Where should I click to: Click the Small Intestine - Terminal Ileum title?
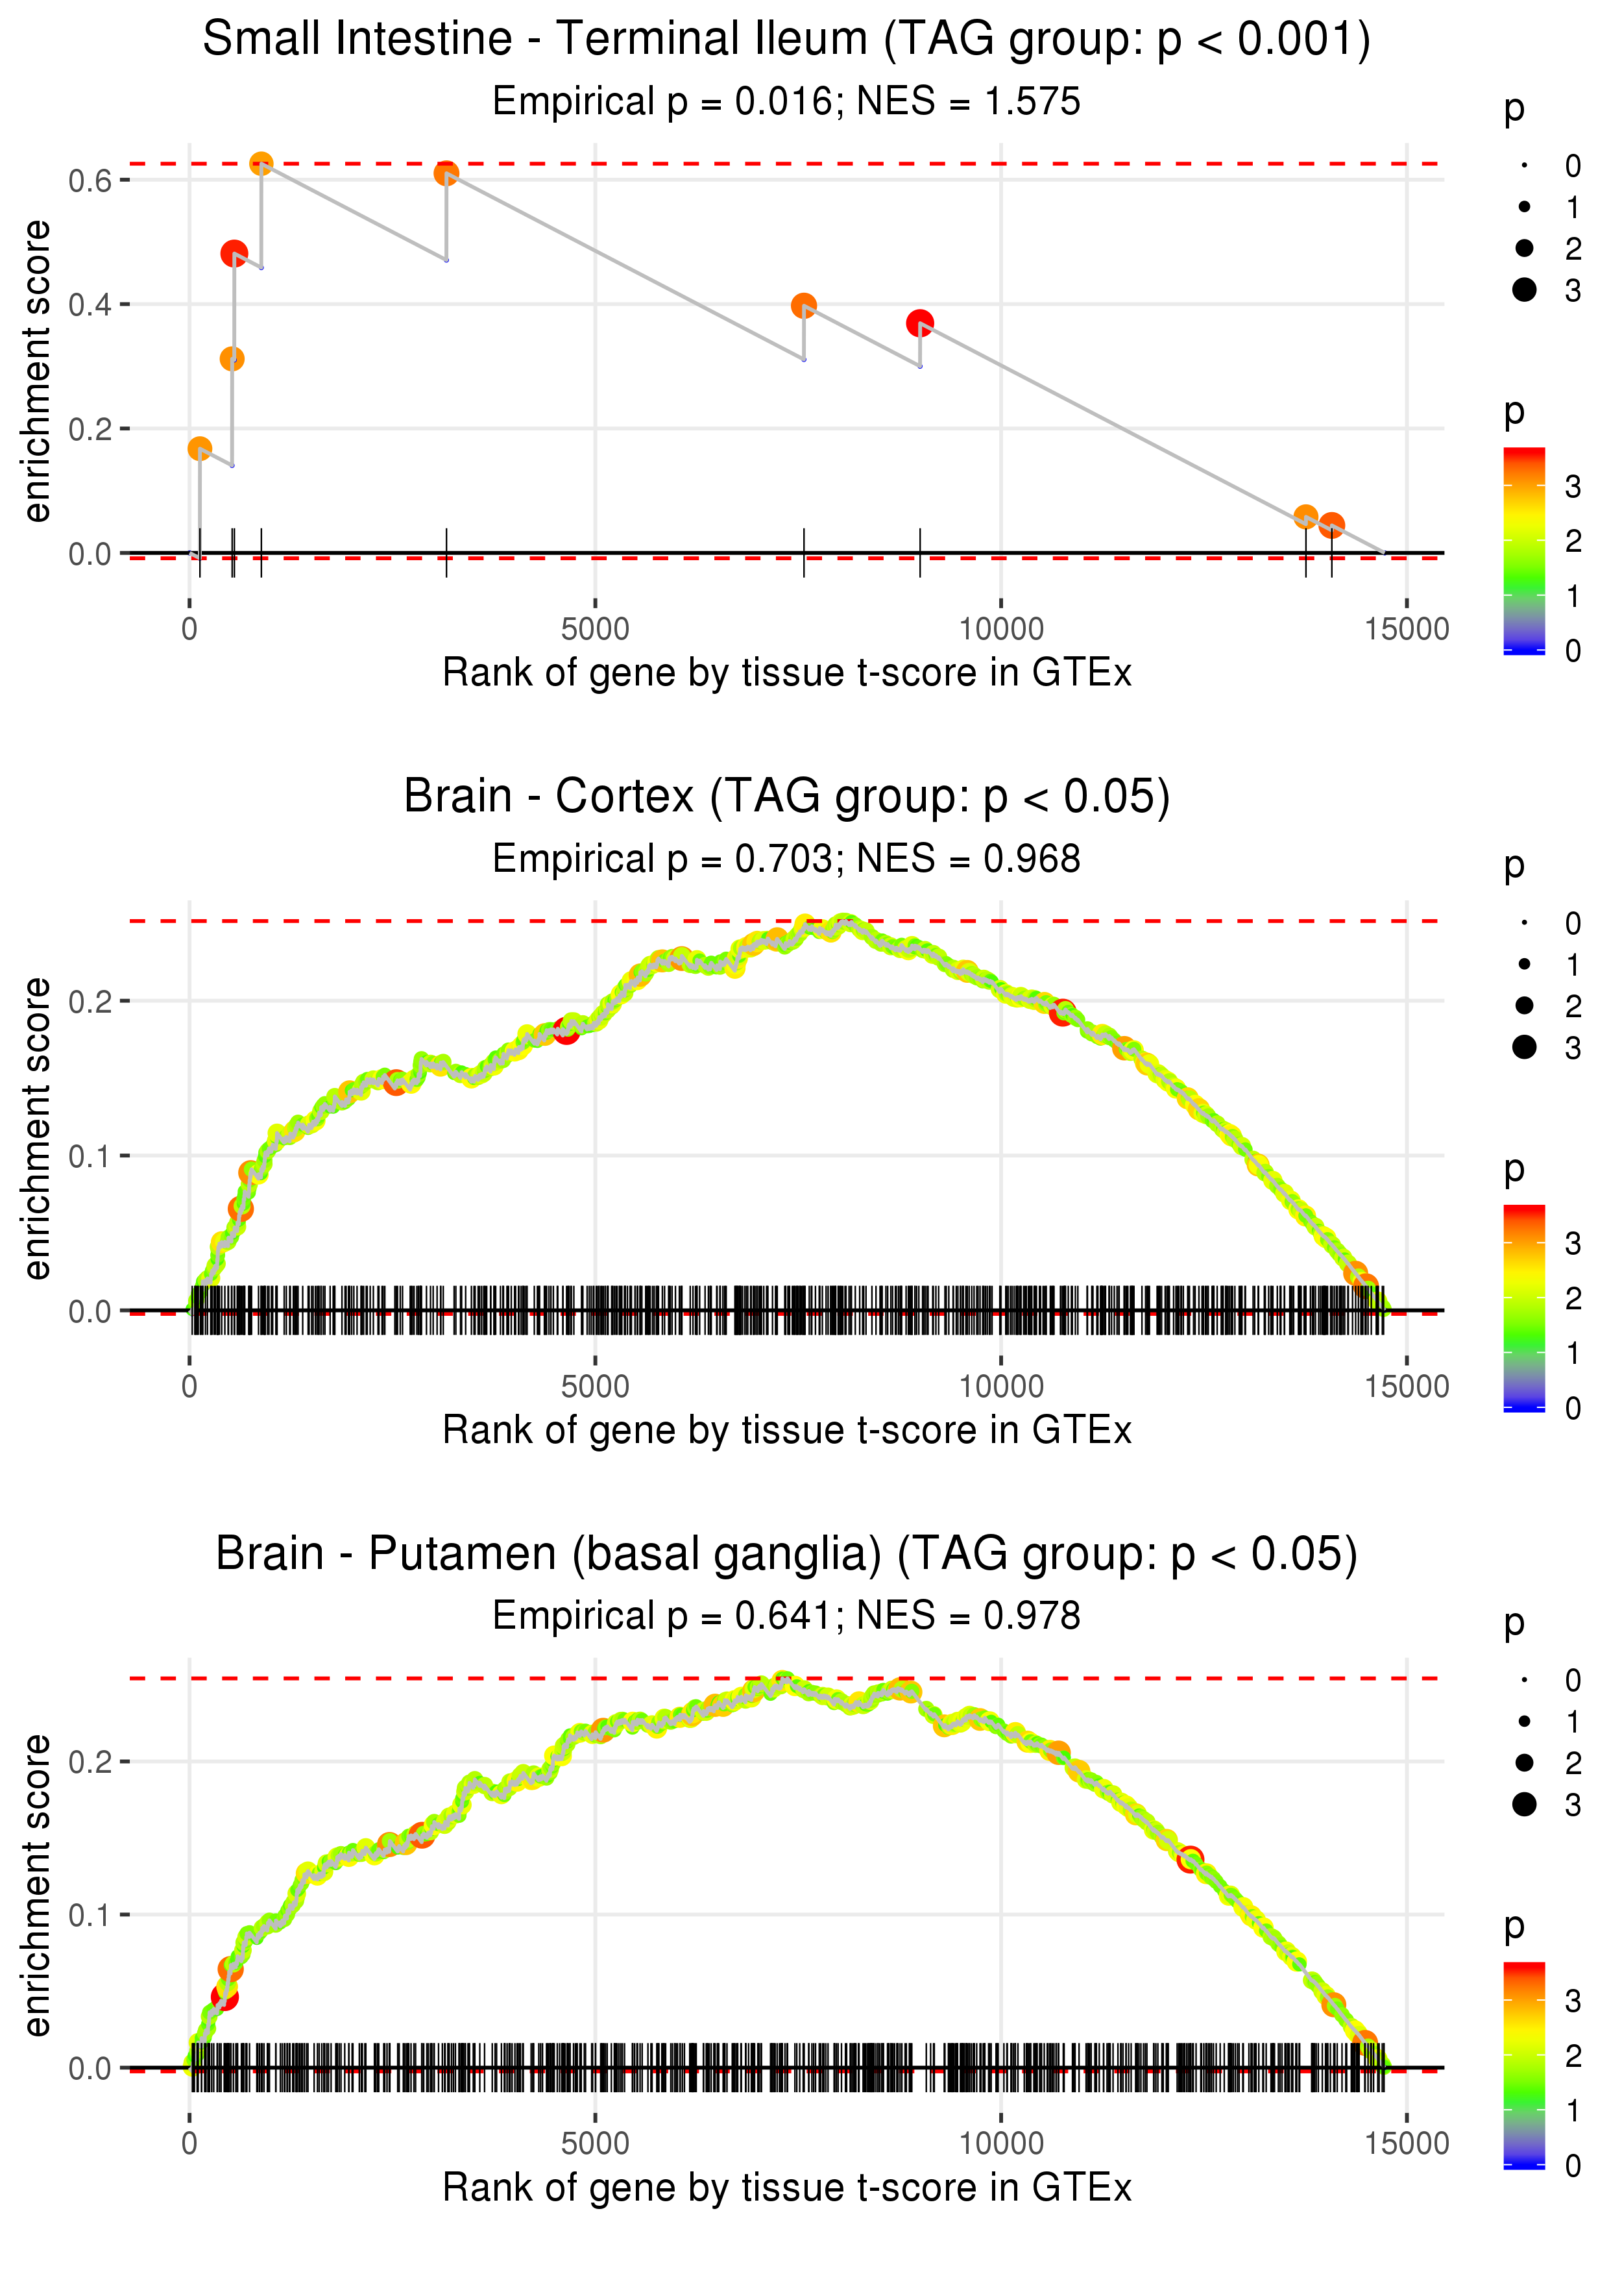[x=786, y=40]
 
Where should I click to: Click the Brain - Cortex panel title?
[x=786, y=797]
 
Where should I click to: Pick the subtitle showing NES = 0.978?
[x=786, y=1616]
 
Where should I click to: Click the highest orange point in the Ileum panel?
[x=261, y=164]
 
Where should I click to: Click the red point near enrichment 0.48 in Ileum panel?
[x=234, y=254]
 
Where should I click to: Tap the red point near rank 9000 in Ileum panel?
[x=920, y=323]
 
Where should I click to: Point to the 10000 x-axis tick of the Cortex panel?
[x=1000, y=1387]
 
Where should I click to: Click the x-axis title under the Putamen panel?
[x=786, y=2188]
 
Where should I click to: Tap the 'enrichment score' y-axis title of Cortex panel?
[x=37, y=1129]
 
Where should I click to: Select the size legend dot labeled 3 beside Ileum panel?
[x=1524, y=290]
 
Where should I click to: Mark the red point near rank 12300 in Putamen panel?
[x=1189, y=1860]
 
